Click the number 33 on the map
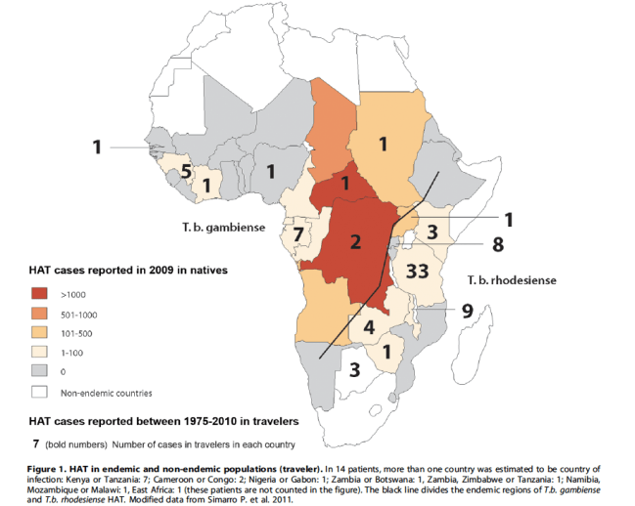pos(417,272)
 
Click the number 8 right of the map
pos(497,244)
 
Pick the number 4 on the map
pos(369,327)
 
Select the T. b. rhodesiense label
pos(511,280)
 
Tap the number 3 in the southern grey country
pos(354,370)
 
